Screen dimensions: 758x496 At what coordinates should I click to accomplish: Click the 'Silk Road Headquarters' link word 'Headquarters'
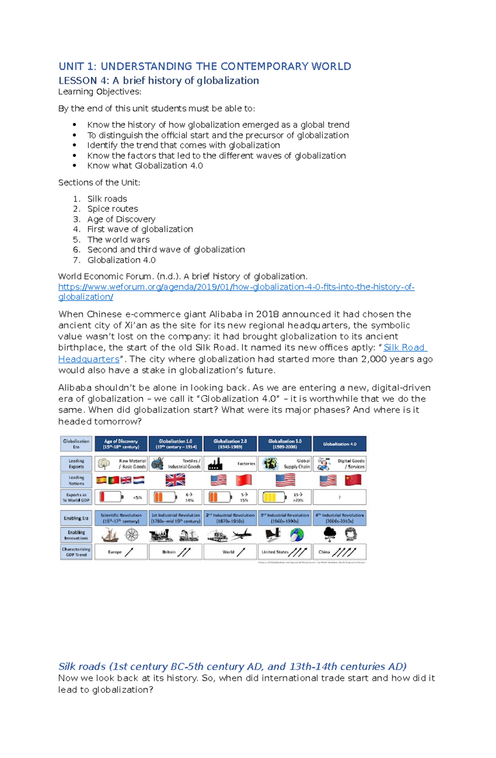(88, 359)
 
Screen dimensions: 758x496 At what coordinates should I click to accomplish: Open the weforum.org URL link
(236, 287)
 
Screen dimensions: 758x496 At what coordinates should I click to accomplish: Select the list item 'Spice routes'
(112, 209)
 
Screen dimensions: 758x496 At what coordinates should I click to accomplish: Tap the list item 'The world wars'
(118, 240)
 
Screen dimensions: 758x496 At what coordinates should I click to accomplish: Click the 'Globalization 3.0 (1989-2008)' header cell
(284, 444)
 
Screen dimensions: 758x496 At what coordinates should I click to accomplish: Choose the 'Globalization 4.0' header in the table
(339, 444)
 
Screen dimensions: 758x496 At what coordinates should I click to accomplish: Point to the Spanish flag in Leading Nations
(102, 480)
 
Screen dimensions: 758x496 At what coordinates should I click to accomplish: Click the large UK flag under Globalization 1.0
(175, 480)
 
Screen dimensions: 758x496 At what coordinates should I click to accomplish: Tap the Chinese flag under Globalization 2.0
(243, 480)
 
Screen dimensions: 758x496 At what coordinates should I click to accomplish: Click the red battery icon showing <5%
(110, 497)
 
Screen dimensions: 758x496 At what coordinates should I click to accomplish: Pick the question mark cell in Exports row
(339, 497)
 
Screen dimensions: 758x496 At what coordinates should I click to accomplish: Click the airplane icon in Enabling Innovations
(241, 535)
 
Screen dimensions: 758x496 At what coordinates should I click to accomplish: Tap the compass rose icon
(132, 535)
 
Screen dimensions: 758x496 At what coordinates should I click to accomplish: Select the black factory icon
(215, 464)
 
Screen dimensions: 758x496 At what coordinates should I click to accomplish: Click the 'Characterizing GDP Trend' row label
(76, 552)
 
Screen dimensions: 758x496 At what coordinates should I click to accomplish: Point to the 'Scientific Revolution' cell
(121, 518)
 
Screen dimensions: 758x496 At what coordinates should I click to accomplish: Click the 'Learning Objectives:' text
(100, 91)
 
